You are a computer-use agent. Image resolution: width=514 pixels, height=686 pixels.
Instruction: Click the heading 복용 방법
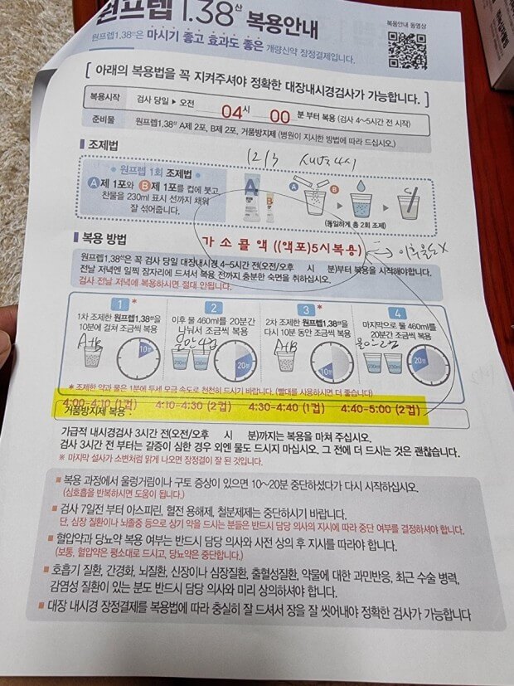103,241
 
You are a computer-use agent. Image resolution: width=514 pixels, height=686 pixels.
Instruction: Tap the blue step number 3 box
305,309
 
